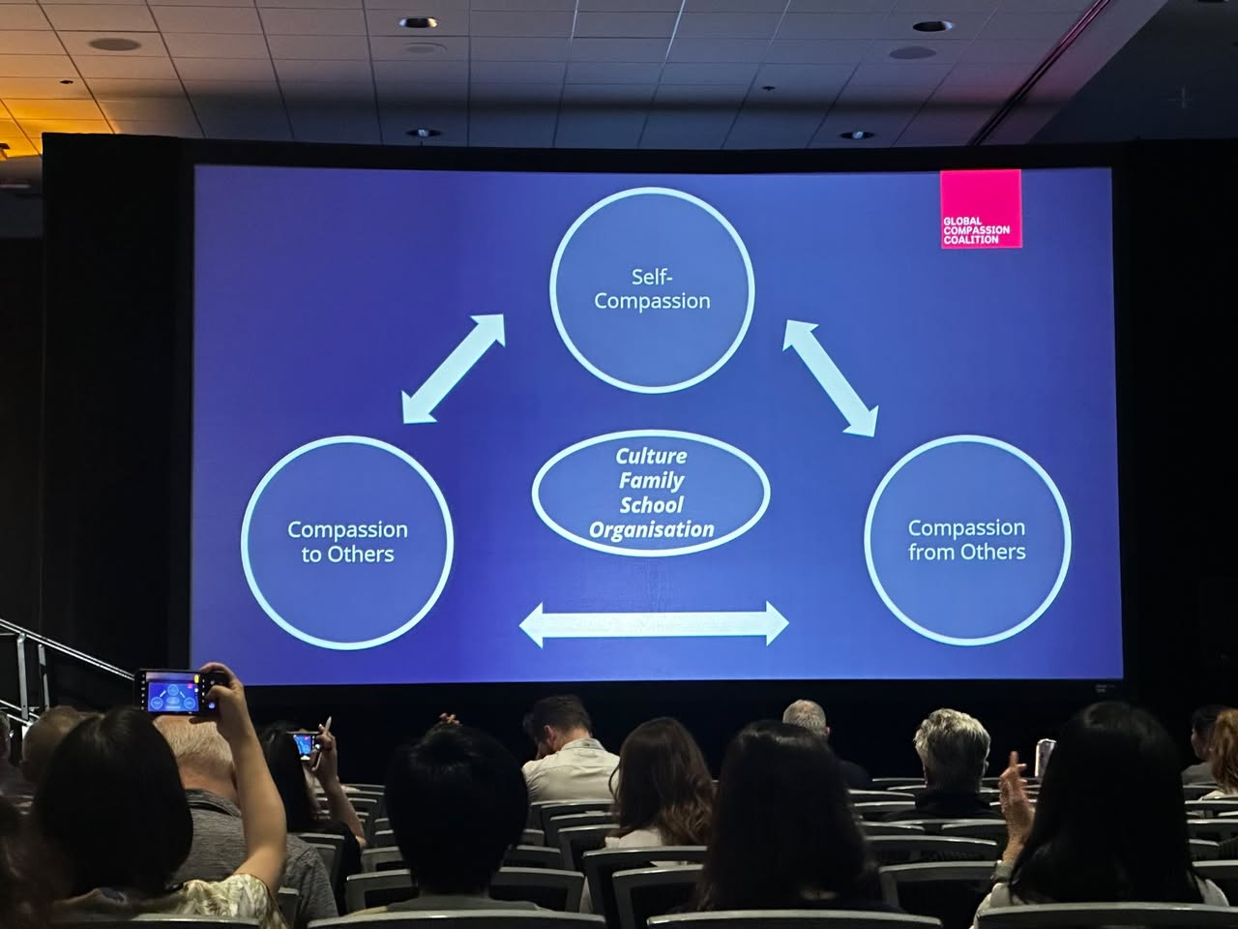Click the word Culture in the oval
651,456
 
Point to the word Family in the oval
652,481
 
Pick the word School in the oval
652,505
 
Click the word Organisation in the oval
652,529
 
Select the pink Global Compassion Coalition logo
981,209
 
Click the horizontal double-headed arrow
654,624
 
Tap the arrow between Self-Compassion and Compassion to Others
454,369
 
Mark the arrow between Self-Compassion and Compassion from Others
830,378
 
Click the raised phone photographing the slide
175,693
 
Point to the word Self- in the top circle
652,277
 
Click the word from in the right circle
928,553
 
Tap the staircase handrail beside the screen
62,647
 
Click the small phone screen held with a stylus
305,744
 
